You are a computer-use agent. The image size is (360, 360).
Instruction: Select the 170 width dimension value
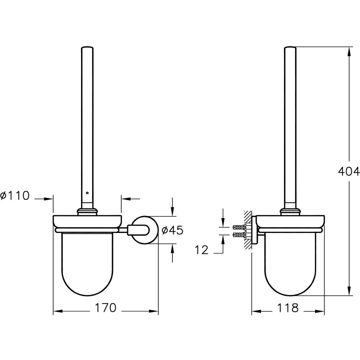tap(105, 308)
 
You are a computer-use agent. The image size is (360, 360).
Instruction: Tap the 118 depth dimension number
tap(288, 308)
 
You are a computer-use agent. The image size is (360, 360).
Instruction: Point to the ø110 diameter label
tap(15, 195)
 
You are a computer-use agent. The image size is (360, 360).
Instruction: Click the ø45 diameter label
tap(172, 230)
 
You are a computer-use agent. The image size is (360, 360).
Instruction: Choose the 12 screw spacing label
tap(202, 250)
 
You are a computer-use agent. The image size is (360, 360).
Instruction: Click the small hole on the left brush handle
tap(87, 193)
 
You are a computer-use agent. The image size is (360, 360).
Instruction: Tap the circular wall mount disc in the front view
tap(145, 230)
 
